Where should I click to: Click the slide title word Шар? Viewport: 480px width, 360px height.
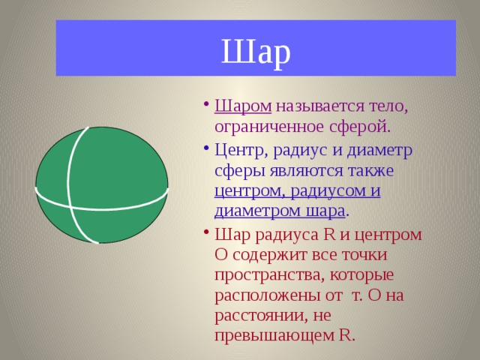(256, 51)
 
